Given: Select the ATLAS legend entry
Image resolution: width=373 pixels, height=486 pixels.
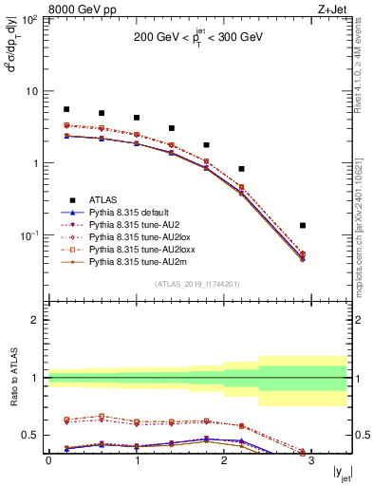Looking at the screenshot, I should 103,199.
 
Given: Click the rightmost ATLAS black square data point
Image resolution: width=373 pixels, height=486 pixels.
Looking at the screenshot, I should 303,226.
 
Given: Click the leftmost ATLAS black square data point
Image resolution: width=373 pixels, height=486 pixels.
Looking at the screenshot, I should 66,109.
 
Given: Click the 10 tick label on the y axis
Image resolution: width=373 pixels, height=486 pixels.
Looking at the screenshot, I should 30,91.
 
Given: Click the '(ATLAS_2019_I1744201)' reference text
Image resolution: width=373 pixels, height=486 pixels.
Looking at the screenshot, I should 196,284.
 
